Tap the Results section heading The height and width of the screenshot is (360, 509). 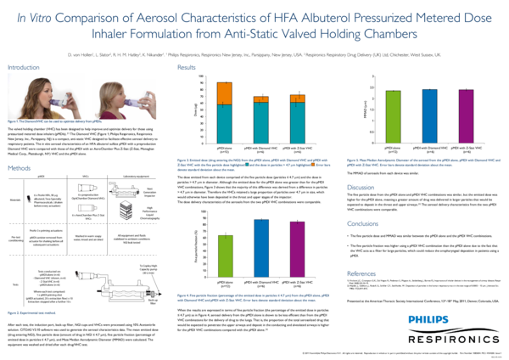click(187, 67)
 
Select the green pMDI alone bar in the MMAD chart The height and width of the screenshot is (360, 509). click(393, 110)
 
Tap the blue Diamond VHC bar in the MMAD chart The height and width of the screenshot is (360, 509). click(428, 110)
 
